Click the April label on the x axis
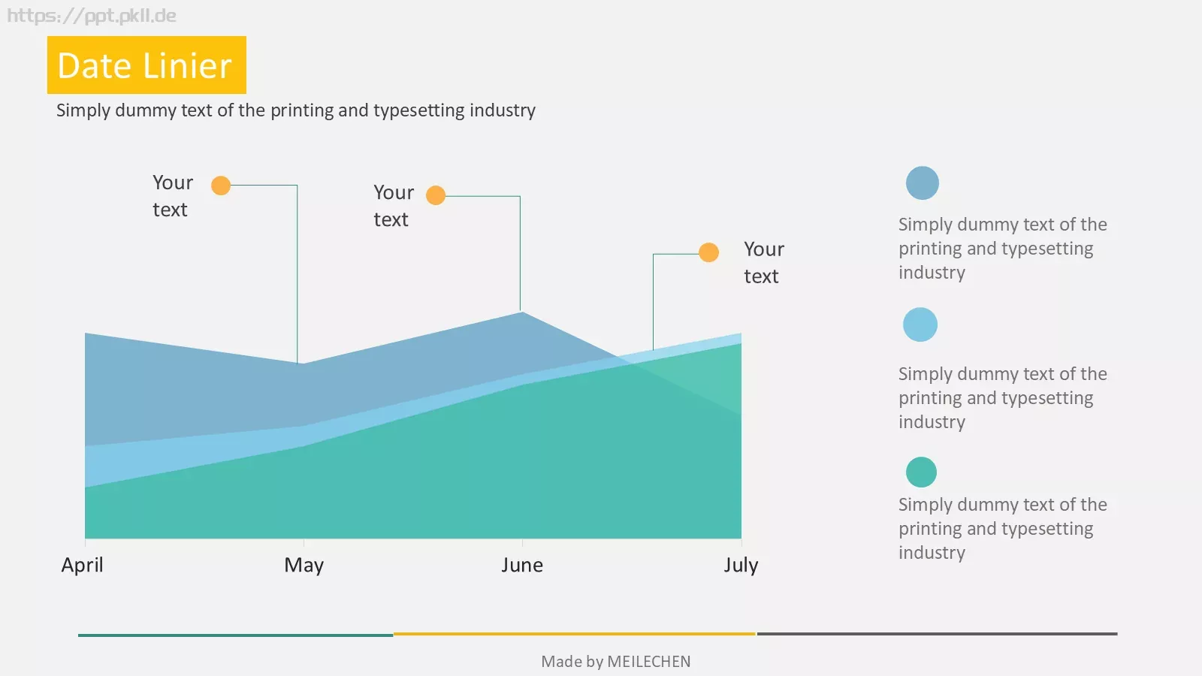click(x=82, y=566)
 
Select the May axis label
click(x=304, y=566)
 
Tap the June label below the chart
click(x=522, y=565)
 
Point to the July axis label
click(x=741, y=566)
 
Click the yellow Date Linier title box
click(x=146, y=65)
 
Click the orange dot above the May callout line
click(x=221, y=186)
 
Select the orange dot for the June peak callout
click(x=436, y=195)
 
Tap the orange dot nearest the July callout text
click(x=709, y=252)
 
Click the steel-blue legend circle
click(x=923, y=183)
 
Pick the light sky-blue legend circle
click(x=920, y=324)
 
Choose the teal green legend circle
click(x=921, y=472)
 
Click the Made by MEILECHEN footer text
click(x=616, y=662)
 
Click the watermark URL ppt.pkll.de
click(x=91, y=16)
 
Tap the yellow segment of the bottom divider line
click(x=574, y=634)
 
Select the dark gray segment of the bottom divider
click(x=937, y=634)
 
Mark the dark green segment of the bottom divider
click(x=236, y=635)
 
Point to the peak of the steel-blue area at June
click(x=521, y=312)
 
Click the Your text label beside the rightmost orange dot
click(x=763, y=263)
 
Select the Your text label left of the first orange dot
click(x=172, y=196)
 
